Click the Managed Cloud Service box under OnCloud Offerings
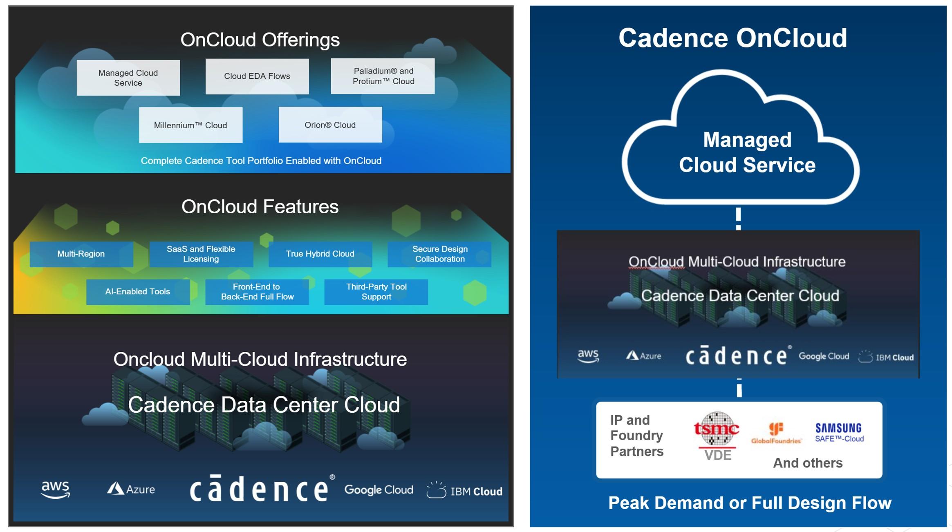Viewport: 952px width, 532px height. (128, 78)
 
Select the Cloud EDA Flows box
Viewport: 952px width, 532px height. (257, 76)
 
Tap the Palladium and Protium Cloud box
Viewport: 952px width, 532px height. (383, 76)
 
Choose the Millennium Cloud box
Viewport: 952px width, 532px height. (191, 125)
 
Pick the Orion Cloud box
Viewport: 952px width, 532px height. (330, 125)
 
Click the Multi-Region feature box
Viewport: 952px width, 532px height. (81, 254)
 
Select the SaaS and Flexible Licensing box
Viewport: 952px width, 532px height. (201, 254)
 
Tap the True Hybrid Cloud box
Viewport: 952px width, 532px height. (320, 254)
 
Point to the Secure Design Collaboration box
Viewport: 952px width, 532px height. (439, 254)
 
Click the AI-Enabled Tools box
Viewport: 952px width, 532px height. (138, 292)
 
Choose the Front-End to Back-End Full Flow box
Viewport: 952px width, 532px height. (257, 292)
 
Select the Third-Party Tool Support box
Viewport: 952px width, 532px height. (376, 292)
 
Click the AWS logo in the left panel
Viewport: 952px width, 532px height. (56, 489)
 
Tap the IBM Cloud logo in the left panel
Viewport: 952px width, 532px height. (465, 490)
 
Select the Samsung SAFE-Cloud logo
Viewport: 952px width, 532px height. (839, 433)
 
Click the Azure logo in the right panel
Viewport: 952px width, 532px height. (644, 355)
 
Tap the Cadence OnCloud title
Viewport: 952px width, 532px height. (732, 38)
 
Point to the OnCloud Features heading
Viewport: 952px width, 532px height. (260, 207)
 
